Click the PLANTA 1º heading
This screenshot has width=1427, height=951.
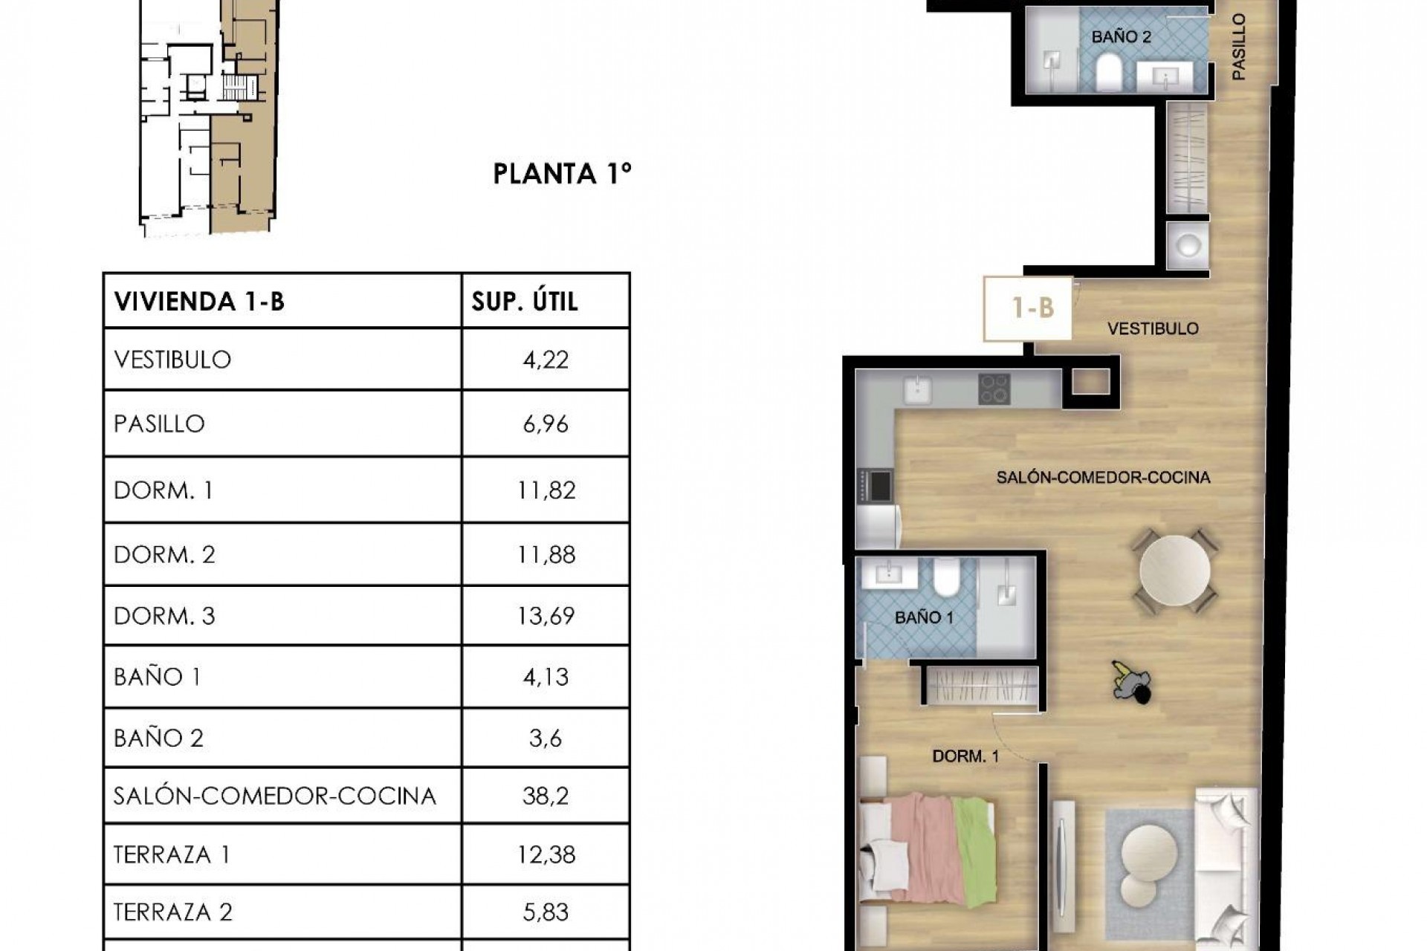562,174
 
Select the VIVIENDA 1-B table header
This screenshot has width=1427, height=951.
199,302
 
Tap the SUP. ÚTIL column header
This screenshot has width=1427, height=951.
525,302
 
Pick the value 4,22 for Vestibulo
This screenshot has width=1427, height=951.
546,360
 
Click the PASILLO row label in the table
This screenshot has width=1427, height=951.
159,423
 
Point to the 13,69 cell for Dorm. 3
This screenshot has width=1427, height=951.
546,616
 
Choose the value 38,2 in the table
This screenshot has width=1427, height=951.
546,796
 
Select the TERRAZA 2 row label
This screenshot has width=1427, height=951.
172,912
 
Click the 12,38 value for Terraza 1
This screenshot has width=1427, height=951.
546,854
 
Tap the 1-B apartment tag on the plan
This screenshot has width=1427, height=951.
1032,308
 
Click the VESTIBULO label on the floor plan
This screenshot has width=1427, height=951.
1153,328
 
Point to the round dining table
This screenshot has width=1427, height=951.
1174,571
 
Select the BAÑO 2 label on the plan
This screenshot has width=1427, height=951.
1121,37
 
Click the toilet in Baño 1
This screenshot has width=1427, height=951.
947,577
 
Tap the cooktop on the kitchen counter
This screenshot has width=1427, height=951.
994,389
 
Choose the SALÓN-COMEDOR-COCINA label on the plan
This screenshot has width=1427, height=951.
1103,477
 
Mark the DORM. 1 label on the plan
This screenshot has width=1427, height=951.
965,756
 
